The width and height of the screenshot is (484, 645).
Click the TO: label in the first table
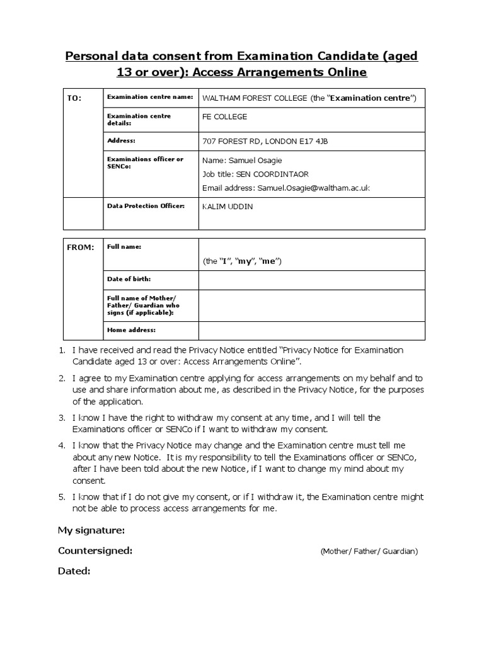pyautogui.click(x=74, y=99)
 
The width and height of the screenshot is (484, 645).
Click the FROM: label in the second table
pyautogui.click(x=80, y=248)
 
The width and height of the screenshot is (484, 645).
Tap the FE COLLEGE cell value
pyautogui.click(x=224, y=117)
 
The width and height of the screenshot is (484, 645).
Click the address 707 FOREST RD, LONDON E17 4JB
pyautogui.click(x=265, y=141)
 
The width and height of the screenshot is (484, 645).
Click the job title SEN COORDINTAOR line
pyautogui.click(x=255, y=174)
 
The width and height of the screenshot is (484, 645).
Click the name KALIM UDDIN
pyautogui.click(x=227, y=207)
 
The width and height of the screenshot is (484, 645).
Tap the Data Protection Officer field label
pyautogui.click(x=146, y=206)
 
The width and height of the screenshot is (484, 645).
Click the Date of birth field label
pyautogui.click(x=129, y=278)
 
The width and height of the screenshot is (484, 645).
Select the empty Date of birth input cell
pyautogui.click(x=312, y=280)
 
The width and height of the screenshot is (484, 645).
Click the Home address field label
pyautogui.click(x=131, y=329)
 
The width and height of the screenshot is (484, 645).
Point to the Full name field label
pyautogui.click(x=124, y=247)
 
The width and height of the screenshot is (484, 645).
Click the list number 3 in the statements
pyautogui.click(x=62, y=418)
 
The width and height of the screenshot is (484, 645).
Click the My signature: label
pyautogui.click(x=91, y=530)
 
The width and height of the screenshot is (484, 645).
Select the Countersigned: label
pyautogui.click(x=95, y=551)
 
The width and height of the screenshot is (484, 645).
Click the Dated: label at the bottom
pyautogui.click(x=74, y=571)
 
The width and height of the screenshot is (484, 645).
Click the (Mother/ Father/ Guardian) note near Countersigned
pyautogui.click(x=369, y=551)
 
